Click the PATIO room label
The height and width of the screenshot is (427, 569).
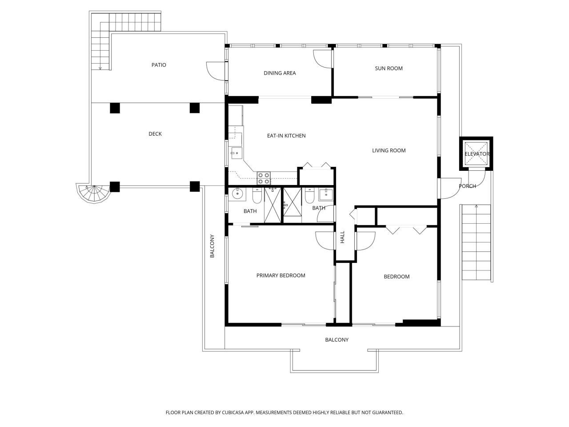[159, 65]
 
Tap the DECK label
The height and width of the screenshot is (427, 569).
[155, 134]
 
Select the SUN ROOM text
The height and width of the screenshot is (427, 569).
[389, 68]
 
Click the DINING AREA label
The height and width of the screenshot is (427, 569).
[280, 73]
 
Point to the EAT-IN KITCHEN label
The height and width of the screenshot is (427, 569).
[286, 136]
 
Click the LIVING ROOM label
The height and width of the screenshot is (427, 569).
[389, 151]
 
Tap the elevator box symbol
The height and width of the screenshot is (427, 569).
[476, 153]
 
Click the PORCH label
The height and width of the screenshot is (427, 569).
[467, 186]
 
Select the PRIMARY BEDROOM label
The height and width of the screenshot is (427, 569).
[280, 276]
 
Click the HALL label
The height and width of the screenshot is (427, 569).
[343, 237]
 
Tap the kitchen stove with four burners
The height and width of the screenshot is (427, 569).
[263, 178]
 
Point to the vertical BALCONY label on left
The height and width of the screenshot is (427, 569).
[212, 246]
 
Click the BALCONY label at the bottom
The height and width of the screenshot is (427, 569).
[337, 340]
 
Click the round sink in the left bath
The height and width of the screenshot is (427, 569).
[237, 193]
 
